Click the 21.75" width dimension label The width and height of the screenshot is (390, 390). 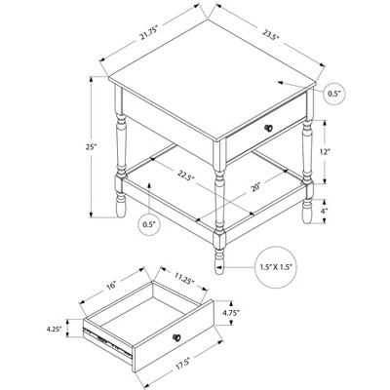point(149,32)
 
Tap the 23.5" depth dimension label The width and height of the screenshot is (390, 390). point(271,34)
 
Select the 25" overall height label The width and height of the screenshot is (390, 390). point(92,147)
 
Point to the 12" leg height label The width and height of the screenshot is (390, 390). point(325,152)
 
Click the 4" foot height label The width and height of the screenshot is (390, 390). point(324,211)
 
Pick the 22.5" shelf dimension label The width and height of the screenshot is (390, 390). point(186,175)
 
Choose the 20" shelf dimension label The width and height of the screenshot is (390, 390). point(255,187)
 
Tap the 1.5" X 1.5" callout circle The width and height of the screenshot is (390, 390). point(277,267)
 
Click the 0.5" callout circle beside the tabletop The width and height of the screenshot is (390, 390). point(334,94)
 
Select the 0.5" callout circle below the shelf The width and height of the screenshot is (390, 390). point(150,224)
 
